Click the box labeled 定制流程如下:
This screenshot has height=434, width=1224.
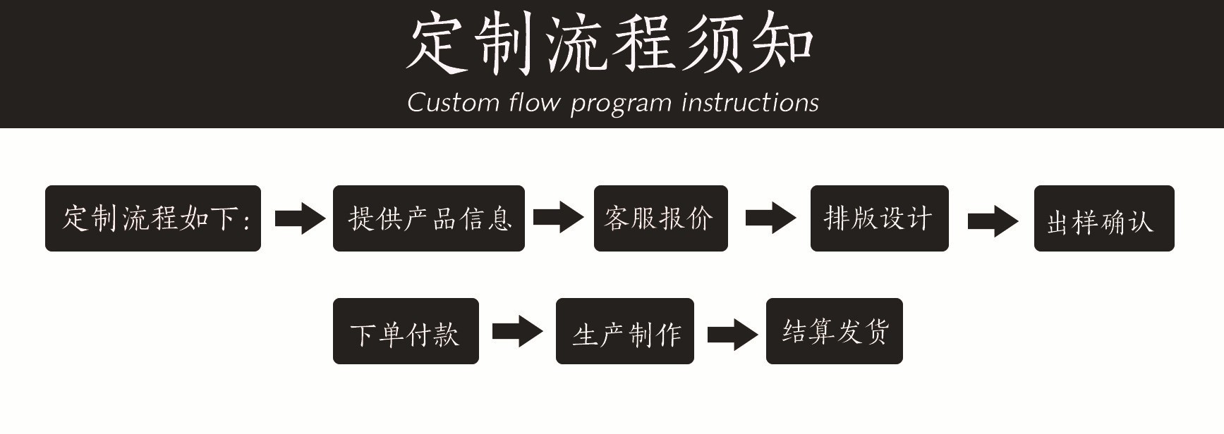153,218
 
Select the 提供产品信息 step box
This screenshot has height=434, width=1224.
428,218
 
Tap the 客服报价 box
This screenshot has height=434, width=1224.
660,218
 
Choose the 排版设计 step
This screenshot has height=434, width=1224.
879,218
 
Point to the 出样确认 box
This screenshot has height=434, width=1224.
1103,218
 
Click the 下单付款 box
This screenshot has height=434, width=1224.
406,331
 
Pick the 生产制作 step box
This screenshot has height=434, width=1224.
624,331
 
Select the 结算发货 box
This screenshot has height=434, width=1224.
834,331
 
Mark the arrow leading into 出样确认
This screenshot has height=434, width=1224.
993,221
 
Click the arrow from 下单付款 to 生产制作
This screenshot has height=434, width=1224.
517,331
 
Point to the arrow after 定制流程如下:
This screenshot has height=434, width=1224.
300,218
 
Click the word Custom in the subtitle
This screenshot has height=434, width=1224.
453,103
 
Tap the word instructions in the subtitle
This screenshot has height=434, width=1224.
751,103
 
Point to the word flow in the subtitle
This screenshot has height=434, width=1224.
534,103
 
